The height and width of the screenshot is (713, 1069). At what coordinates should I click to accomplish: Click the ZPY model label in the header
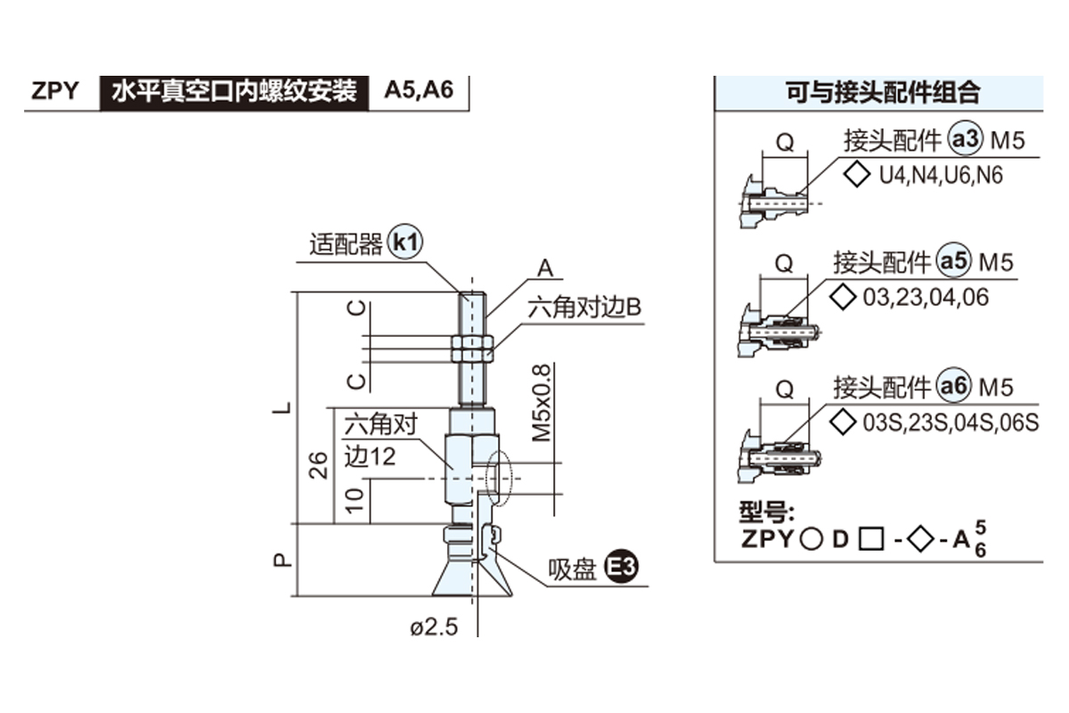[x=55, y=91]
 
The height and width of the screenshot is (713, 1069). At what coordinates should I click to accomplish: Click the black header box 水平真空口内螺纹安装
[x=234, y=91]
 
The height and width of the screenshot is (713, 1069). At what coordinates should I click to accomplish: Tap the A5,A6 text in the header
[x=419, y=91]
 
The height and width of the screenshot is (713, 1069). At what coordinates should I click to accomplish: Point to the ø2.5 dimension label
[x=433, y=627]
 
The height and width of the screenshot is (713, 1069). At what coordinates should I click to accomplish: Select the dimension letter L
[x=282, y=408]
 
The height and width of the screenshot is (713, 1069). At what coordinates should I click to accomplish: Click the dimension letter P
[x=282, y=560]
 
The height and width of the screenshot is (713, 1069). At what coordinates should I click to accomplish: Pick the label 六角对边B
[x=584, y=308]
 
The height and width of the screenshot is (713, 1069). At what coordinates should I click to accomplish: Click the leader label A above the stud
[x=545, y=267]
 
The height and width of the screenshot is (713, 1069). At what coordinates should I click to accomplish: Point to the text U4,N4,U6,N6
[x=941, y=176]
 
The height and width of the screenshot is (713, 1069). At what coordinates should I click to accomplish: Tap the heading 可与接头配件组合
[x=882, y=92]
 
